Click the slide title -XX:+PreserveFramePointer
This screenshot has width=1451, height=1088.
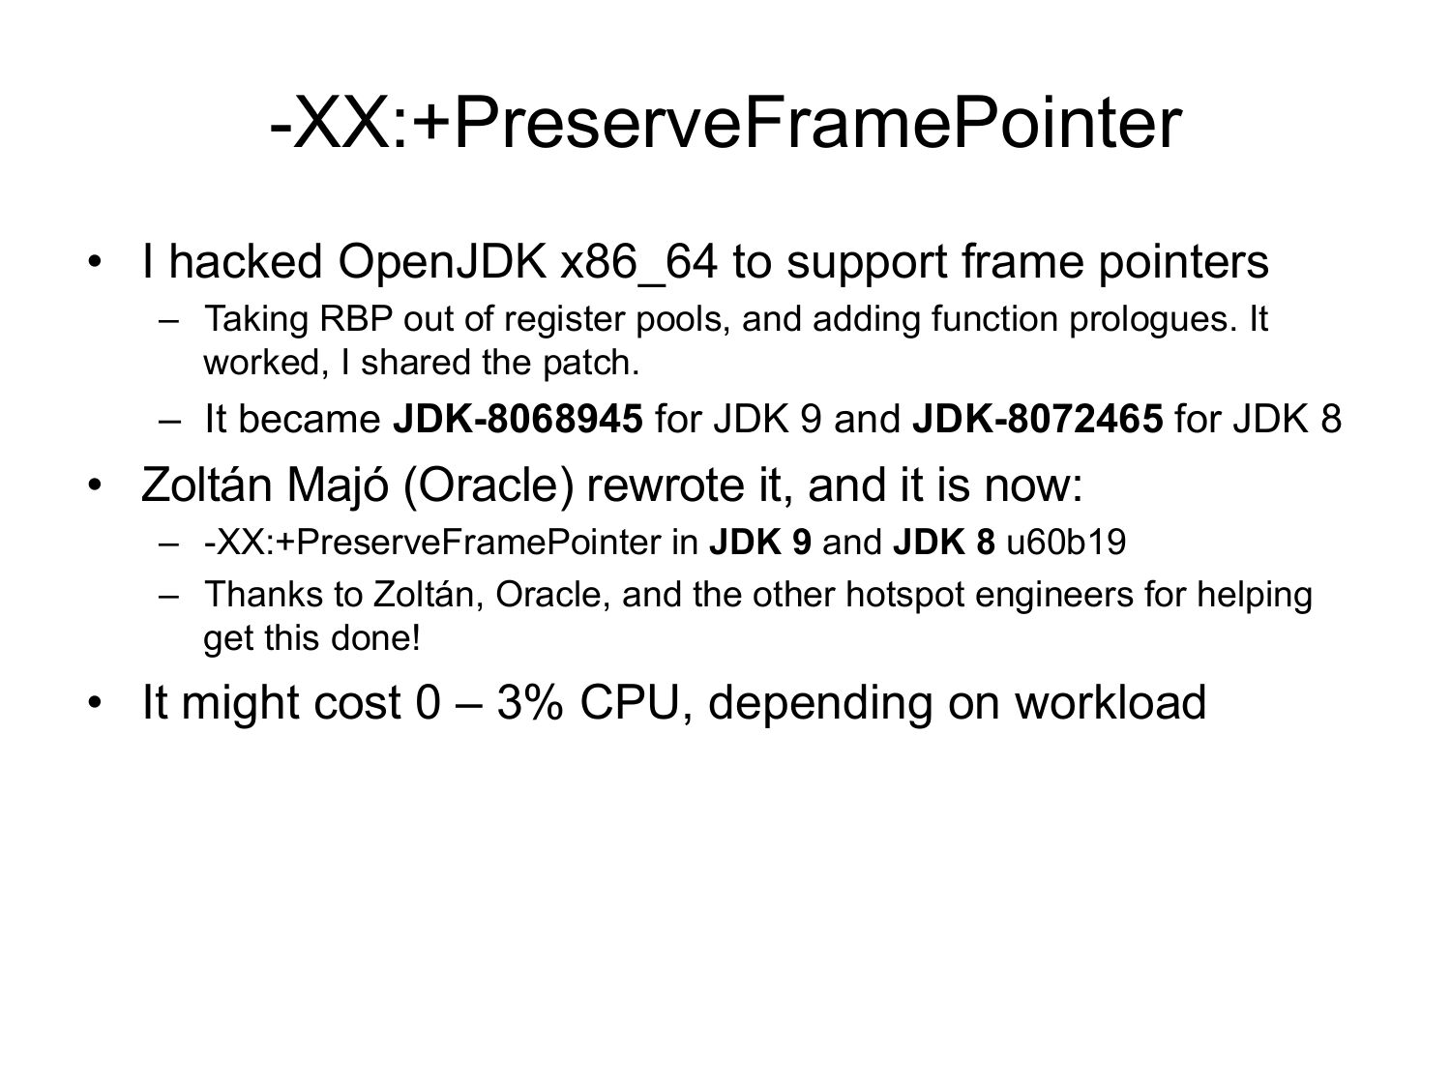pos(725,124)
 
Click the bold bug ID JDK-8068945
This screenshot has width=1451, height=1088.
pos(518,420)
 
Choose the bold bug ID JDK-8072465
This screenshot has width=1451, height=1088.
pos(1037,420)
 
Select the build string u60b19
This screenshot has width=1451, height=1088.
pos(1066,542)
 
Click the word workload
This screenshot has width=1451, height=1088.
pos(1110,703)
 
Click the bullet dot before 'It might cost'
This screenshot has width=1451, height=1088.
pos(94,703)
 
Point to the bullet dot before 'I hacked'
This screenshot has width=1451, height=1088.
pos(94,262)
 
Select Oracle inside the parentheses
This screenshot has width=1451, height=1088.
pos(482,485)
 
